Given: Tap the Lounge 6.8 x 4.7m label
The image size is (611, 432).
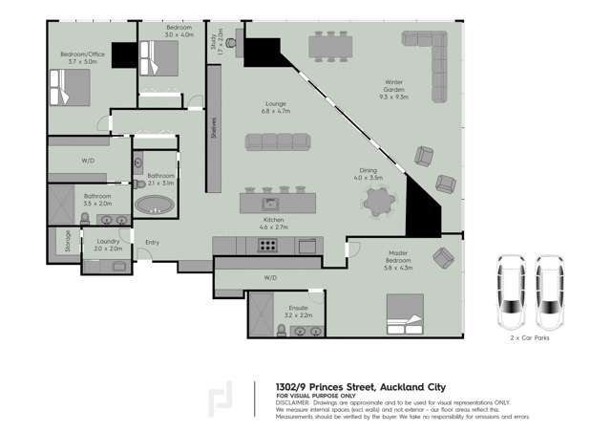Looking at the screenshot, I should (x=276, y=107).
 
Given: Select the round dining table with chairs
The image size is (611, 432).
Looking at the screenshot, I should (x=378, y=201).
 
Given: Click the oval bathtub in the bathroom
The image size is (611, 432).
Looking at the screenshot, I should (x=155, y=203).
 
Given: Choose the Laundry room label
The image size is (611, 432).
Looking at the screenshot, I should (x=107, y=245).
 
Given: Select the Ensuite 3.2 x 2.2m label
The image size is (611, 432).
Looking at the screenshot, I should (x=298, y=311).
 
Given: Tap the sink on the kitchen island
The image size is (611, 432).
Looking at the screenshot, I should (x=270, y=203).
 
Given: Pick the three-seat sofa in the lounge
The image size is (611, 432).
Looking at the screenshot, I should (x=278, y=141).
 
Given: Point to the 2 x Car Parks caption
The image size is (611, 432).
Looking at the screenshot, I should (x=530, y=337).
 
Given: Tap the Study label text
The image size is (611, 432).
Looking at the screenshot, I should (x=220, y=42).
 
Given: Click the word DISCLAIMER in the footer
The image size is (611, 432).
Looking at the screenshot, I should (x=296, y=402).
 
